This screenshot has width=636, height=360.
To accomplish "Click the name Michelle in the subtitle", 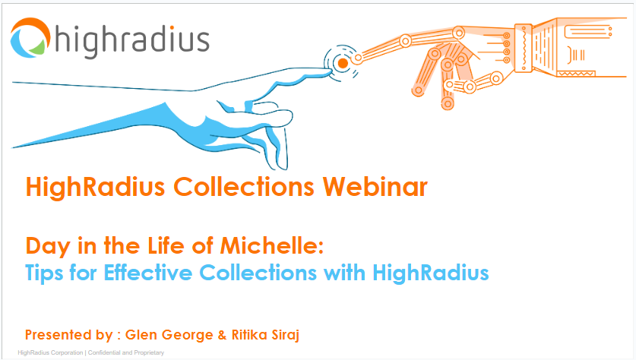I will coord(283,246).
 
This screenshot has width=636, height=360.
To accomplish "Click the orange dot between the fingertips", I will coord(342,63).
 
